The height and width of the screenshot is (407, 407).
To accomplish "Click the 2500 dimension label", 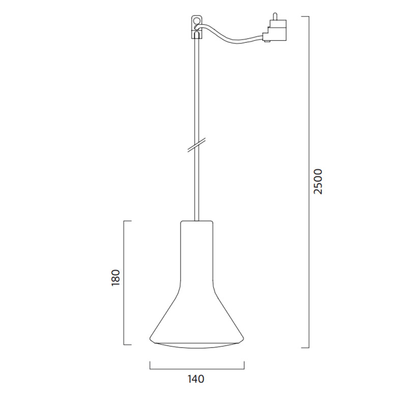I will pos(318,182).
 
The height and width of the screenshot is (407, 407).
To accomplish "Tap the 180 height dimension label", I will pos(115,278).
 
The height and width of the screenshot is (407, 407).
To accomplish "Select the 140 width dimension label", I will pos(196,379).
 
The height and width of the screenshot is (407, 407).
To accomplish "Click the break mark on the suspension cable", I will pos(196,145).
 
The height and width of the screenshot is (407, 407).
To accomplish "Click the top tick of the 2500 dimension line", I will pos(305,17).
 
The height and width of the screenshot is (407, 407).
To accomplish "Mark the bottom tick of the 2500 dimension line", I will pos(305,347).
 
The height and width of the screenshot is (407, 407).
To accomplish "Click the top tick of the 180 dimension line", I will pos(127,221).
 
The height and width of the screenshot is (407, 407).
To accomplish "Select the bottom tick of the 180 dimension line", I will pos(127,344).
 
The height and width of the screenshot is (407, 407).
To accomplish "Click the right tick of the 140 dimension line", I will pos(244,365).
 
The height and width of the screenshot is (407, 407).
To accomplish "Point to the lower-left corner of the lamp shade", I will pos(151,339).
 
